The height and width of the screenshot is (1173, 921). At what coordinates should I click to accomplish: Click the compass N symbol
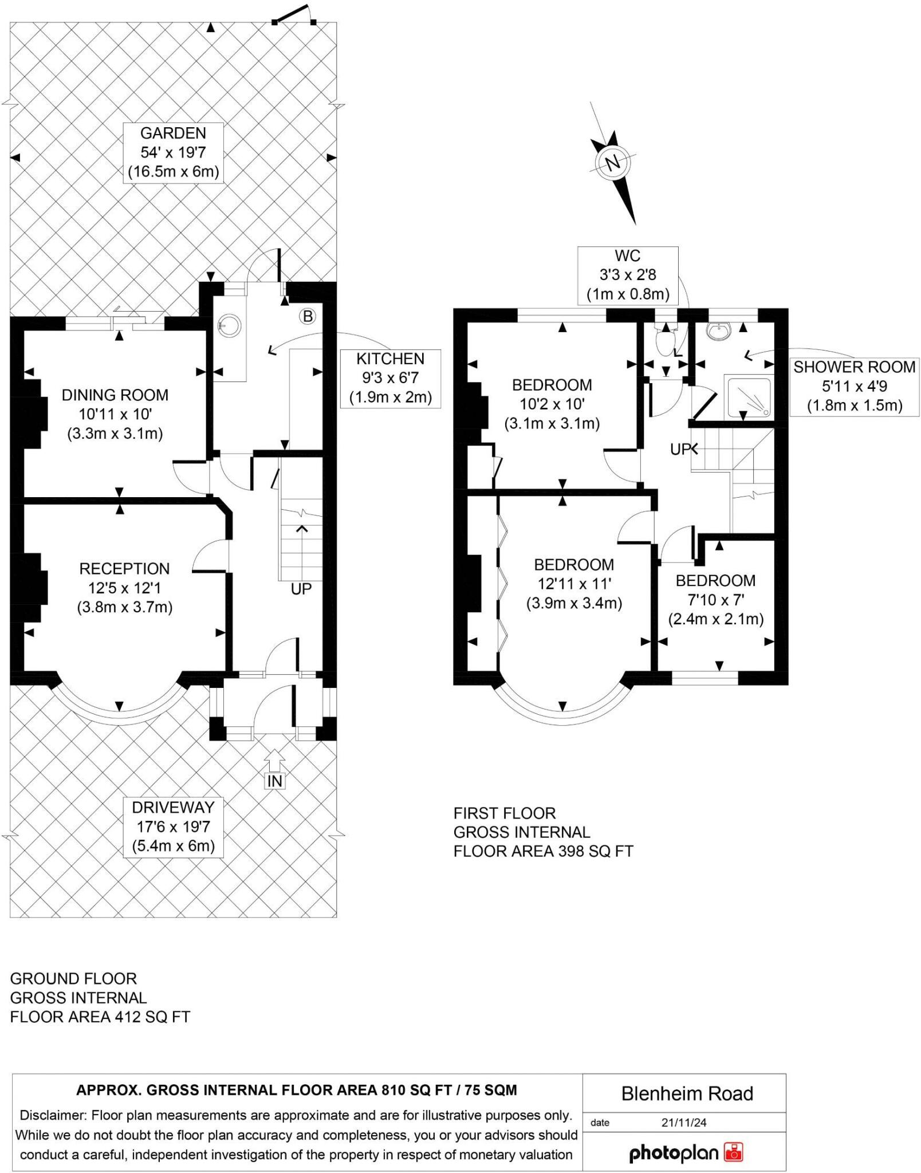click(x=613, y=163)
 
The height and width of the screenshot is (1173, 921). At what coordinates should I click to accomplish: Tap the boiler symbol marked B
click(x=308, y=316)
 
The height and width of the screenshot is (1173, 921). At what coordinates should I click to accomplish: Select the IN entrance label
click(x=275, y=781)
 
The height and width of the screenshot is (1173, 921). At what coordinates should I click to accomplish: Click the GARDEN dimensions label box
click(x=173, y=152)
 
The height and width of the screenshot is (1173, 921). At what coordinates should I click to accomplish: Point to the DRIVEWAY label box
click(x=173, y=826)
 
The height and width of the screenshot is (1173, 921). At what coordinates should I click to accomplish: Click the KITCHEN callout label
click(x=390, y=378)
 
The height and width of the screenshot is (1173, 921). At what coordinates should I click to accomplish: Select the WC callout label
click(x=627, y=275)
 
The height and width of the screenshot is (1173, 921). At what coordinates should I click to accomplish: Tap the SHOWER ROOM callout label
click(x=854, y=387)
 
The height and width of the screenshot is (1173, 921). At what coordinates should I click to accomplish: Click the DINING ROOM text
click(x=115, y=395)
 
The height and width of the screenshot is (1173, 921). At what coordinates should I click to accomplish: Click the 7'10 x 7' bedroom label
click(x=715, y=600)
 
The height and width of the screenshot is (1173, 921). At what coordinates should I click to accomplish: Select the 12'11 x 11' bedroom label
click(x=574, y=584)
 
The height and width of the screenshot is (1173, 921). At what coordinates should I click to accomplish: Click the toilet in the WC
click(x=665, y=342)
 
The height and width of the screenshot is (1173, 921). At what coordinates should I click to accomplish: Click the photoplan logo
click(x=685, y=1152)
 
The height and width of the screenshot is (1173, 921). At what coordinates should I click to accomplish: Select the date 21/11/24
click(x=683, y=1123)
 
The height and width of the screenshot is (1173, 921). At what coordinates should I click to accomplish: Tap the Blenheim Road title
click(x=687, y=1093)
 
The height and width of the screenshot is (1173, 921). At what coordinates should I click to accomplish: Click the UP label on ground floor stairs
click(x=301, y=589)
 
